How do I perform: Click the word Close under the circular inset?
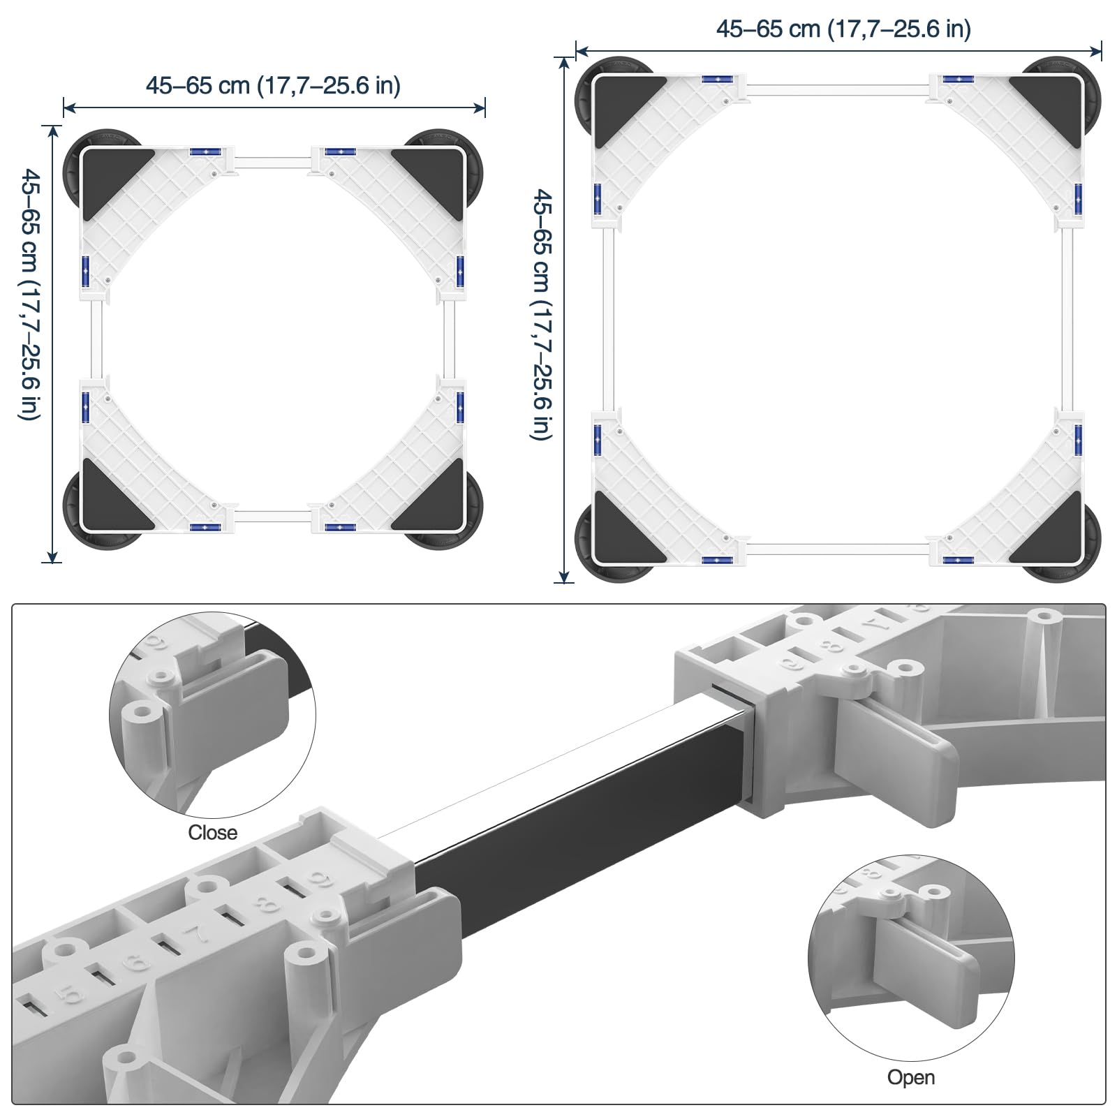pyautogui.click(x=213, y=833)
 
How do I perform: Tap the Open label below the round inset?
pyautogui.click(x=911, y=1077)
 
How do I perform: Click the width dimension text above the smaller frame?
pyautogui.click(x=273, y=86)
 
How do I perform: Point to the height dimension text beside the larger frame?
pyautogui.click(x=542, y=314)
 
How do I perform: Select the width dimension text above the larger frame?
pyautogui.click(x=843, y=29)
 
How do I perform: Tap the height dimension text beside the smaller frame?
pyautogui.click(x=30, y=295)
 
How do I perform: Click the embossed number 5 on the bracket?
pyautogui.click(x=71, y=995)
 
